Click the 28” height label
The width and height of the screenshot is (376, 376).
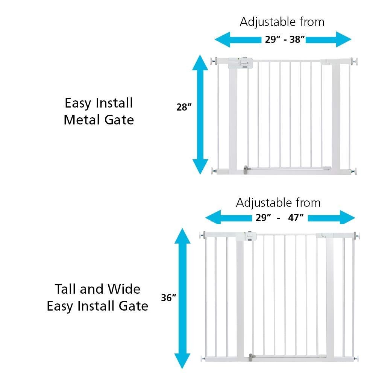pos(184,107)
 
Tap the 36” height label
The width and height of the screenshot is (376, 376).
pos(168,297)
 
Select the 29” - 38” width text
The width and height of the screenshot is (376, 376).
pos(285,39)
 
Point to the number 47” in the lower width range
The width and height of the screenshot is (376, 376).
pos(296,217)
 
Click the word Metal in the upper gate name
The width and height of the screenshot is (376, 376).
pos(82,120)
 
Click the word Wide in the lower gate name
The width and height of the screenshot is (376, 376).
pos(124,289)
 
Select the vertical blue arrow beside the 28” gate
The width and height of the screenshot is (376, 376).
pos(200,114)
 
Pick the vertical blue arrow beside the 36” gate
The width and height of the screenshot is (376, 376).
pos(182,298)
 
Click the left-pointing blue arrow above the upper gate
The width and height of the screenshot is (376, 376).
pos(238,39)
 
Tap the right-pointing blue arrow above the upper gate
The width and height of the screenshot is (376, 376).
pos(329,39)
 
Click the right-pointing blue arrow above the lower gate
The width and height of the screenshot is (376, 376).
pos(331,218)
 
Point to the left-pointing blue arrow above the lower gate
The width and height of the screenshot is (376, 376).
pos(229,218)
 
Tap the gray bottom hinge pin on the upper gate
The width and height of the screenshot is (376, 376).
pos(245,170)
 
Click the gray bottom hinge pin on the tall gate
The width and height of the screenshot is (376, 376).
pos(250,358)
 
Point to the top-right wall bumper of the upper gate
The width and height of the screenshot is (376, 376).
pos(354,61)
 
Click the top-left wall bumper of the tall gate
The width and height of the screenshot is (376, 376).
pos(203,235)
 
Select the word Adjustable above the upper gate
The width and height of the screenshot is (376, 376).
pos(267,22)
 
